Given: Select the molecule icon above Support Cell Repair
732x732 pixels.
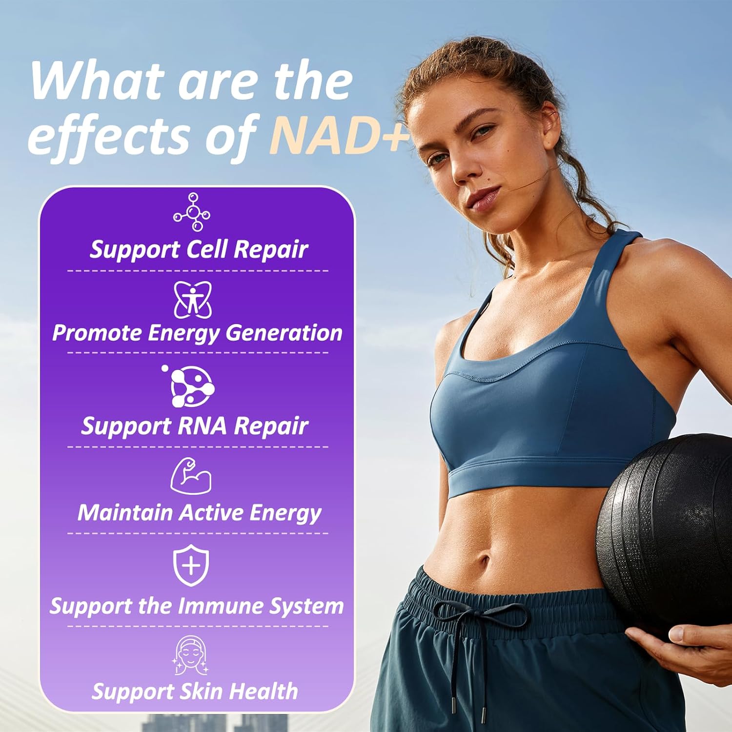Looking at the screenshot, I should coord(192,212).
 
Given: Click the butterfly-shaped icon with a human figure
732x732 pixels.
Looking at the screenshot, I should coord(193,299).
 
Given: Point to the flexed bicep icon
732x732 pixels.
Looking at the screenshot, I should coord(191,476).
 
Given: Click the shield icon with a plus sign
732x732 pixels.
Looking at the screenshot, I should coord(191,565).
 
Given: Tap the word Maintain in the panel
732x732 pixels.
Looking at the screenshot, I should coord(125,513).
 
